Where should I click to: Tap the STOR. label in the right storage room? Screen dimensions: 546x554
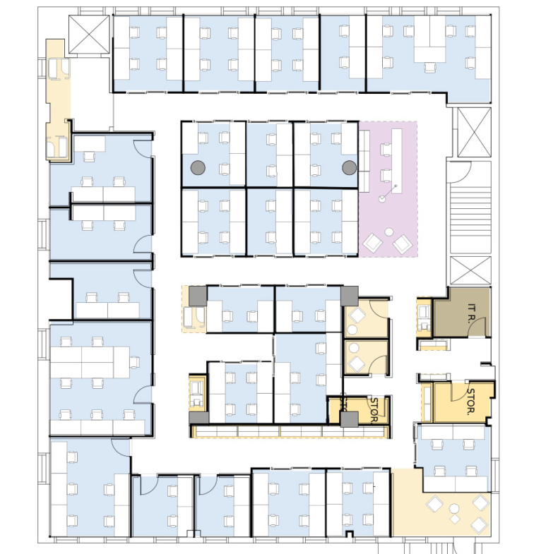pyautogui.click(x=471, y=402)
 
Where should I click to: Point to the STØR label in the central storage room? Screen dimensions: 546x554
pyautogui.click(x=374, y=410)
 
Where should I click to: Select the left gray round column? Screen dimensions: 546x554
pyautogui.click(x=198, y=167)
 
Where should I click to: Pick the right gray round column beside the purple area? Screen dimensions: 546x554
pyautogui.click(x=349, y=167)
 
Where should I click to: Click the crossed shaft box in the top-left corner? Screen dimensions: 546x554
pyautogui.click(x=89, y=35)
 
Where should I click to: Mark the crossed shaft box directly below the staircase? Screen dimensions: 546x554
pyautogui.click(x=470, y=270)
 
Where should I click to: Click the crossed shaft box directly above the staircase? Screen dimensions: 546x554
pyautogui.click(x=474, y=132)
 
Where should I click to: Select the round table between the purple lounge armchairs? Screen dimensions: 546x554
pyautogui.click(x=389, y=232)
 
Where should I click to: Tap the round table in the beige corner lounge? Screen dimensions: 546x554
pyautogui.click(x=453, y=509)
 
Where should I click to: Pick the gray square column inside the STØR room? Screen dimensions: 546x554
pyautogui.click(x=350, y=419)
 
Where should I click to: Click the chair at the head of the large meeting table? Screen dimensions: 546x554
pyautogui.click(x=134, y=362)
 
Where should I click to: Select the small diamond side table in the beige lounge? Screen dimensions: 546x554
pyautogui.click(x=455, y=519)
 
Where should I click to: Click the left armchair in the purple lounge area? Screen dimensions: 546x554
pyautogui.click(x=372, y=243)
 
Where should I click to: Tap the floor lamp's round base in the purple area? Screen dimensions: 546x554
pyautogui.click(x=382, y=199)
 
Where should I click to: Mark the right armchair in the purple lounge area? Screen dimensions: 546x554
pyautogui.click(x=403, y=243)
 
